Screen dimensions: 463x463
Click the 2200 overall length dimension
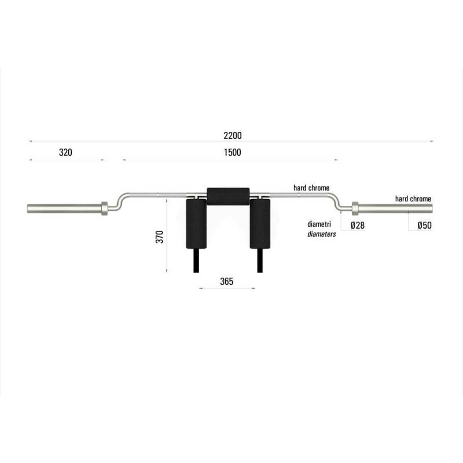click(232, 135)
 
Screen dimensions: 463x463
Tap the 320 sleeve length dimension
click(65, 153)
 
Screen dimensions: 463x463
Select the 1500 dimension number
click(232, 153)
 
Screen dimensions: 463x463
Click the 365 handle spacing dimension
click(226, 281)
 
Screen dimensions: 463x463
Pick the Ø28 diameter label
click(357, 225)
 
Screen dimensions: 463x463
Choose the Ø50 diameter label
click(424, 225)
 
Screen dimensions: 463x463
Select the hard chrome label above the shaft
click(311, 188)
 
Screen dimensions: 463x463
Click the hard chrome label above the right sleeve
click(413, 199)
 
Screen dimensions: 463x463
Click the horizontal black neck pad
click(228, 196)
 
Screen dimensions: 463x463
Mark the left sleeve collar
click(105, 208)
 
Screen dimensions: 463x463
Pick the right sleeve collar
click(355, 207)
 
